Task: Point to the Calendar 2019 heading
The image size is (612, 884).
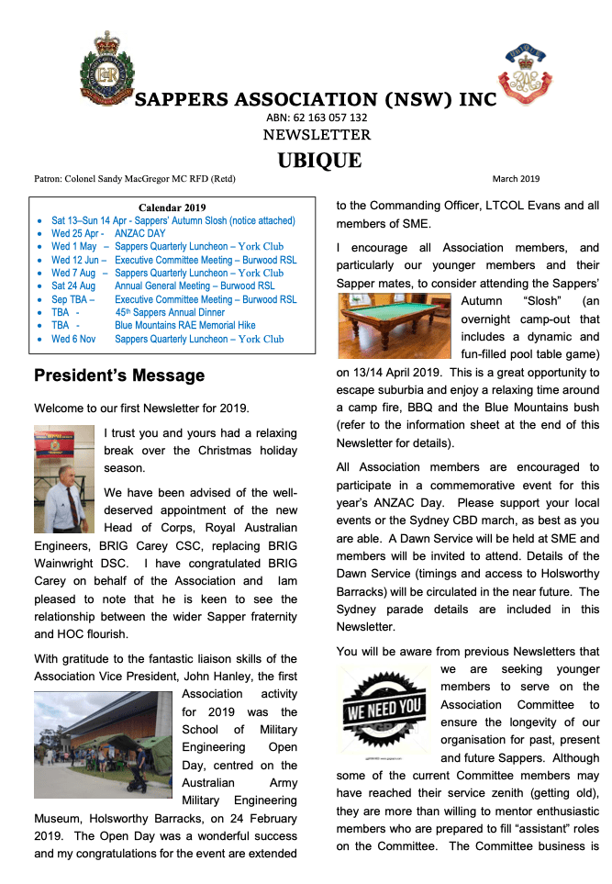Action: (x=172, y=207)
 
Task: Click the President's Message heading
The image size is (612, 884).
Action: (x=119, y=375)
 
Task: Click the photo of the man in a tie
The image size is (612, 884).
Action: (x=63, y=480)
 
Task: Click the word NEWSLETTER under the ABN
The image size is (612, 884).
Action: (x=317, y=136)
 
